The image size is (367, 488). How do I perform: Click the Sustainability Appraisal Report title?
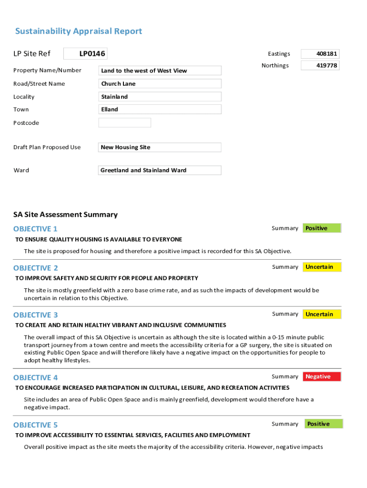(x=79, y=31)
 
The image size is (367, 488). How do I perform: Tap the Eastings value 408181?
(x=320, y=54)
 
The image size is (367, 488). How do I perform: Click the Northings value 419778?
(x=320, y=65)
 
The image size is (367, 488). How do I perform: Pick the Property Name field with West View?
(x=160, y=71)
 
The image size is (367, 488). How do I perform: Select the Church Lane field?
(x=160, y=84)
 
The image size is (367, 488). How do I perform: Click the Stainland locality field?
(x=160, y=97)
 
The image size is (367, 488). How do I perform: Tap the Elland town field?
(x=160, y=109)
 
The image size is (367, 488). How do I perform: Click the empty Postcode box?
(x=124, y=122)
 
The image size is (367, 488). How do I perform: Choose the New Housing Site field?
(x=160, y=147)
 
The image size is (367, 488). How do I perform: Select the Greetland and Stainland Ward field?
(x=160, y=170)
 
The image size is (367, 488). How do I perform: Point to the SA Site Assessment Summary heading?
(x=65, y=214)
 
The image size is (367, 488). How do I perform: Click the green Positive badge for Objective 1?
(x=322, y=228)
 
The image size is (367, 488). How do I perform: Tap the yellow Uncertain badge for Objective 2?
(x=322, y=267)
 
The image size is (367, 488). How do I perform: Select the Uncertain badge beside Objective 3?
(x=322, y=314)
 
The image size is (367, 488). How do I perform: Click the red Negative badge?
(x=322, y=376)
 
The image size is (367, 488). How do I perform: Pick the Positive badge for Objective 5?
(x=323, y=424)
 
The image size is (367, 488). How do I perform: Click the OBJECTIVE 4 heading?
(x=36, y=377)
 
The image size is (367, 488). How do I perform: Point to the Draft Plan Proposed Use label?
(x=47, y=147)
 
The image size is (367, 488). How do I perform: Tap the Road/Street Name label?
(x=39, y=84)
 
